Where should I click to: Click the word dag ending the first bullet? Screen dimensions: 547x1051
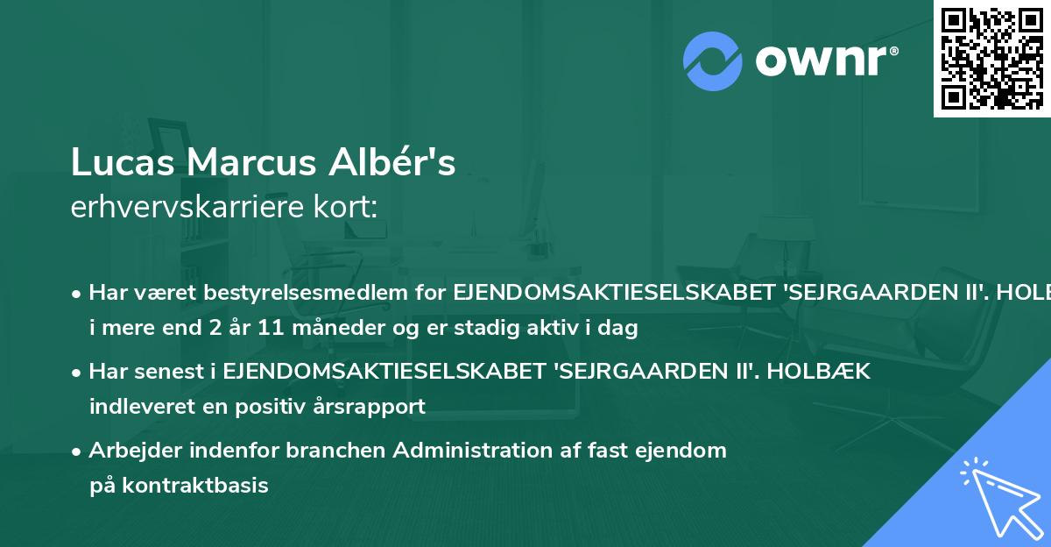[622, 329]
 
